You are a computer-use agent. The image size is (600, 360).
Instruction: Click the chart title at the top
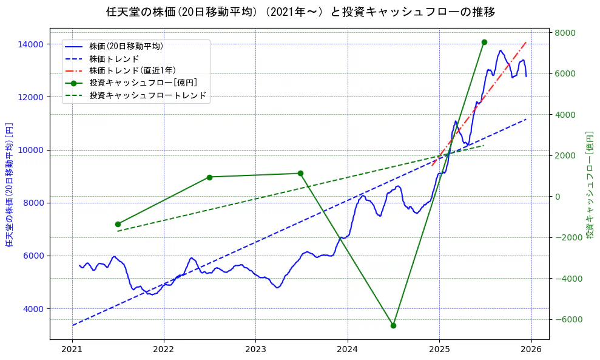tap(300, 12)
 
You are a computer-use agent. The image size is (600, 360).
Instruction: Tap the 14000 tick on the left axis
tap(30, 44)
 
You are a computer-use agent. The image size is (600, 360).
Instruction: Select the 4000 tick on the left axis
tap(33, 309)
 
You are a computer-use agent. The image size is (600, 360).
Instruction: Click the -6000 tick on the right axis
tap(566, 320)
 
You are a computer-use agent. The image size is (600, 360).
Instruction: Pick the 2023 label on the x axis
tap(255, 350)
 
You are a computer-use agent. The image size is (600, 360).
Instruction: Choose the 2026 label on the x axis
tap(531, 350)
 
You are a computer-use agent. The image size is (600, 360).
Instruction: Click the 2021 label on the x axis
tap(72, 350)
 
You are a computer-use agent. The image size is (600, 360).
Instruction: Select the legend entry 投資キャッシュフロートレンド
tap(147, 95)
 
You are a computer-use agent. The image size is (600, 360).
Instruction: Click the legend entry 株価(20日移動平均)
tap(126, 46)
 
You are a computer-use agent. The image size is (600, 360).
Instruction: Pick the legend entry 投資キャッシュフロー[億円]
tap(143, 83)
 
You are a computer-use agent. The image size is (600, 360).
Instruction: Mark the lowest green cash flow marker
tap(393, 325)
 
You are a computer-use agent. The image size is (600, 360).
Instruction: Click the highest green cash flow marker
tap(484, 42)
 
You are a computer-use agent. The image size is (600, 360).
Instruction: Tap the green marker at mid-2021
tap(118, 224)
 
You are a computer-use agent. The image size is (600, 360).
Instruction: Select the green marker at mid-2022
tap(209, 177)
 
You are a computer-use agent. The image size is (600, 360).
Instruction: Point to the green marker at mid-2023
tap(300, 174)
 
